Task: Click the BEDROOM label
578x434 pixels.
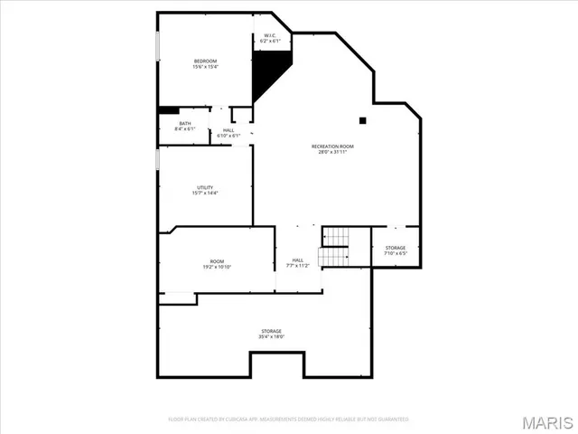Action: pyautogui.click(x=205, y=61)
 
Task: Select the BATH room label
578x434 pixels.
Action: pyautogui.click(x=184, y=124)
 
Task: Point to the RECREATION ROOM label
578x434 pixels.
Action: pyautogui.click(x=332, y=146)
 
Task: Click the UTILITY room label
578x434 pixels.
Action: pyautogui.click(x=205, y=188)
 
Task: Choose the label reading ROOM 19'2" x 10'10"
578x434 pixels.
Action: pyautogui.click(x=218, y=262)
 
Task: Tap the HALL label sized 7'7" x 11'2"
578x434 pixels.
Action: pyautogui.click(x=298, y=261)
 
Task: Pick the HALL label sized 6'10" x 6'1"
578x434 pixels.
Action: pyautogui.click(x=228, y=129)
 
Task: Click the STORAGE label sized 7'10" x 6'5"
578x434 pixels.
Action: pyautogui.click(x=396, y=248)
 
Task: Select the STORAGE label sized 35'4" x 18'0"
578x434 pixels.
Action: pyautogui.click(x=272, y=332)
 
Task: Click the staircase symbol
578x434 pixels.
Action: pyautogui.click(x=334, y=247)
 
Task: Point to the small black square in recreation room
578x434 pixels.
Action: pyautogui.click(x=362, y=119)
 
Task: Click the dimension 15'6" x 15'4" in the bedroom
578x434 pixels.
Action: pyautogui.click(x=205, y=67)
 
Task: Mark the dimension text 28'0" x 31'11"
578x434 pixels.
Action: pyautogui.click(x=332, y=152)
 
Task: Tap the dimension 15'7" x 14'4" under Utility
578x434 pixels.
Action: pyautogui.click(x=205, y=193)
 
